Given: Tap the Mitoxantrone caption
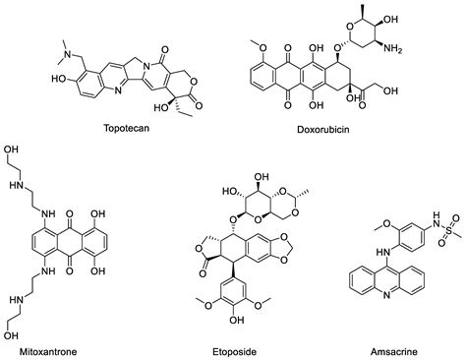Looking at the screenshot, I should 35,349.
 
